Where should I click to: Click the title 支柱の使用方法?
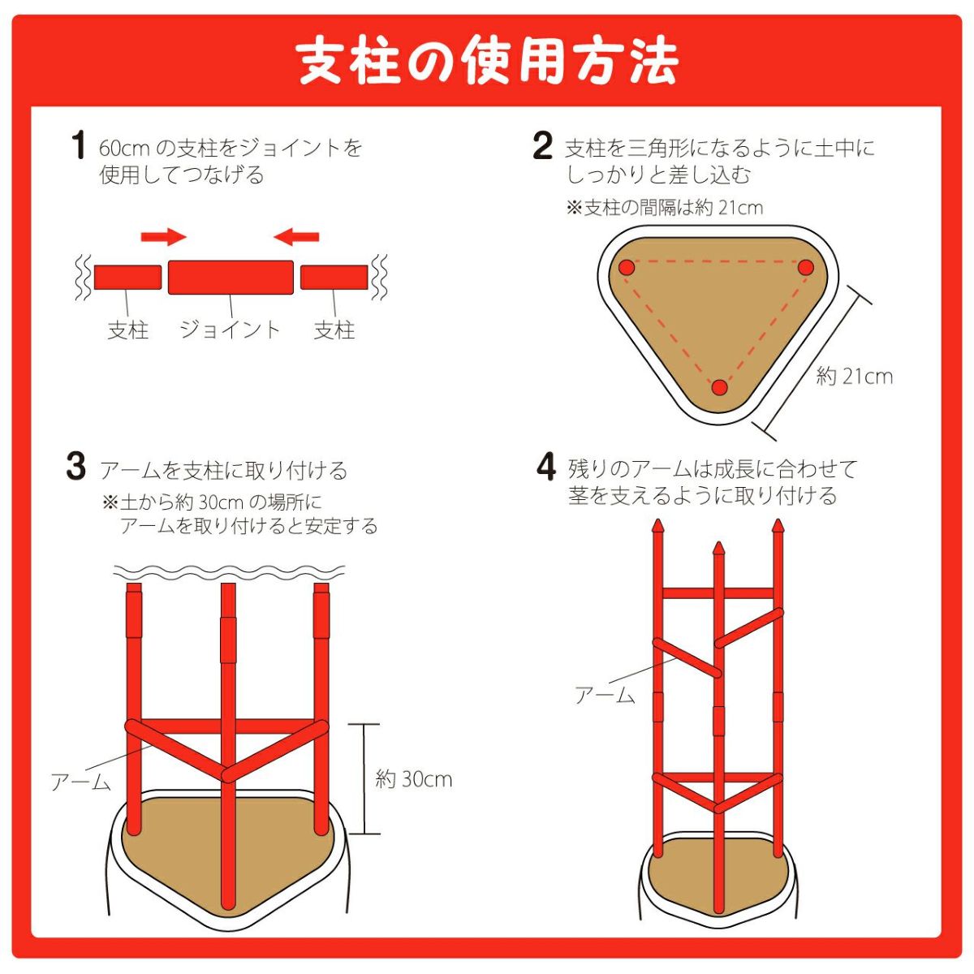click(487, 62)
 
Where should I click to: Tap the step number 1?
click(79, 145)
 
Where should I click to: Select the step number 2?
click(543, 145)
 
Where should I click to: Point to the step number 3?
click(76, 466)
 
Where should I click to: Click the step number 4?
click(546, 466)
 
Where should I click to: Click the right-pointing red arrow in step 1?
click(164, 236)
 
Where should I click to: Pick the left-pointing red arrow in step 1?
click(296, 236)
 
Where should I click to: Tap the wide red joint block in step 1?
click(231, 278)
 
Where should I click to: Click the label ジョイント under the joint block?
click(230, 330)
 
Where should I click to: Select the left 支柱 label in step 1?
click(128, 330)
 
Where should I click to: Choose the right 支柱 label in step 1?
click(334, 330)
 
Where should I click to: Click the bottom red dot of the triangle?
click(719, 388)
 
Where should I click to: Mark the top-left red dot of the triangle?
click(627, 267)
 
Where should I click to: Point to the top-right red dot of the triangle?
click(806, 267)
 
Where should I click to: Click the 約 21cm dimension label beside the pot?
click(854, 377)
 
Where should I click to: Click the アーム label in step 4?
click(605, 696)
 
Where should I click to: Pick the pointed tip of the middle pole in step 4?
click(718, 544)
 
